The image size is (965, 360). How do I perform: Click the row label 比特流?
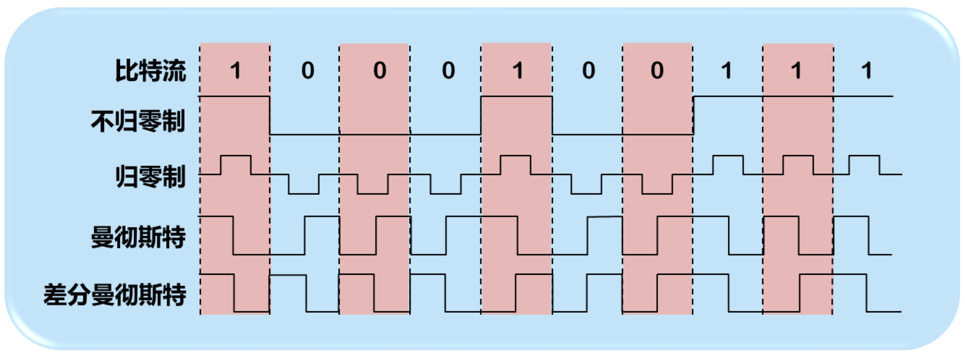(150, 70)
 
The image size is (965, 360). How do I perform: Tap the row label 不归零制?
(138, 121)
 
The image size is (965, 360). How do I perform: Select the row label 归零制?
(150, 177)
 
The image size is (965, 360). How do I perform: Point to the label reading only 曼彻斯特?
(138, 237)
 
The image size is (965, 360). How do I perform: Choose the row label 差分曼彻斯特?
(115, 295)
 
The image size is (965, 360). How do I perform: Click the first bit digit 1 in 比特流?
(236, 70)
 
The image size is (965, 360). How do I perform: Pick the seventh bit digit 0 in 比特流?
(657, 70)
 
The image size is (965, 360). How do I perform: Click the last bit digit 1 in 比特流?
(866, 70)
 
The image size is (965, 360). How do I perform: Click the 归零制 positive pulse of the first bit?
(236, 156)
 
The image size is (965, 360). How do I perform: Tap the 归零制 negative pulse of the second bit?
(303, 193)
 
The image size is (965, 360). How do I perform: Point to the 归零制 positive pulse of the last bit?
(864, 156)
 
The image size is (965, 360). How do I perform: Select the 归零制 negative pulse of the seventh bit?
(657, 193)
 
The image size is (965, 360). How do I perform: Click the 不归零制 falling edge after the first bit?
(270, 115)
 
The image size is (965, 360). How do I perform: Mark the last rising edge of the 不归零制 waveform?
(693, 115)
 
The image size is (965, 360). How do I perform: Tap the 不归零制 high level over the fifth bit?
(516, 97)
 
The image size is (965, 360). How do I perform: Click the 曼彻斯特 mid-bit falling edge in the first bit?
(233, 236)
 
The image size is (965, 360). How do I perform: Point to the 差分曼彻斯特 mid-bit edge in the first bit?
(234, 293)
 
